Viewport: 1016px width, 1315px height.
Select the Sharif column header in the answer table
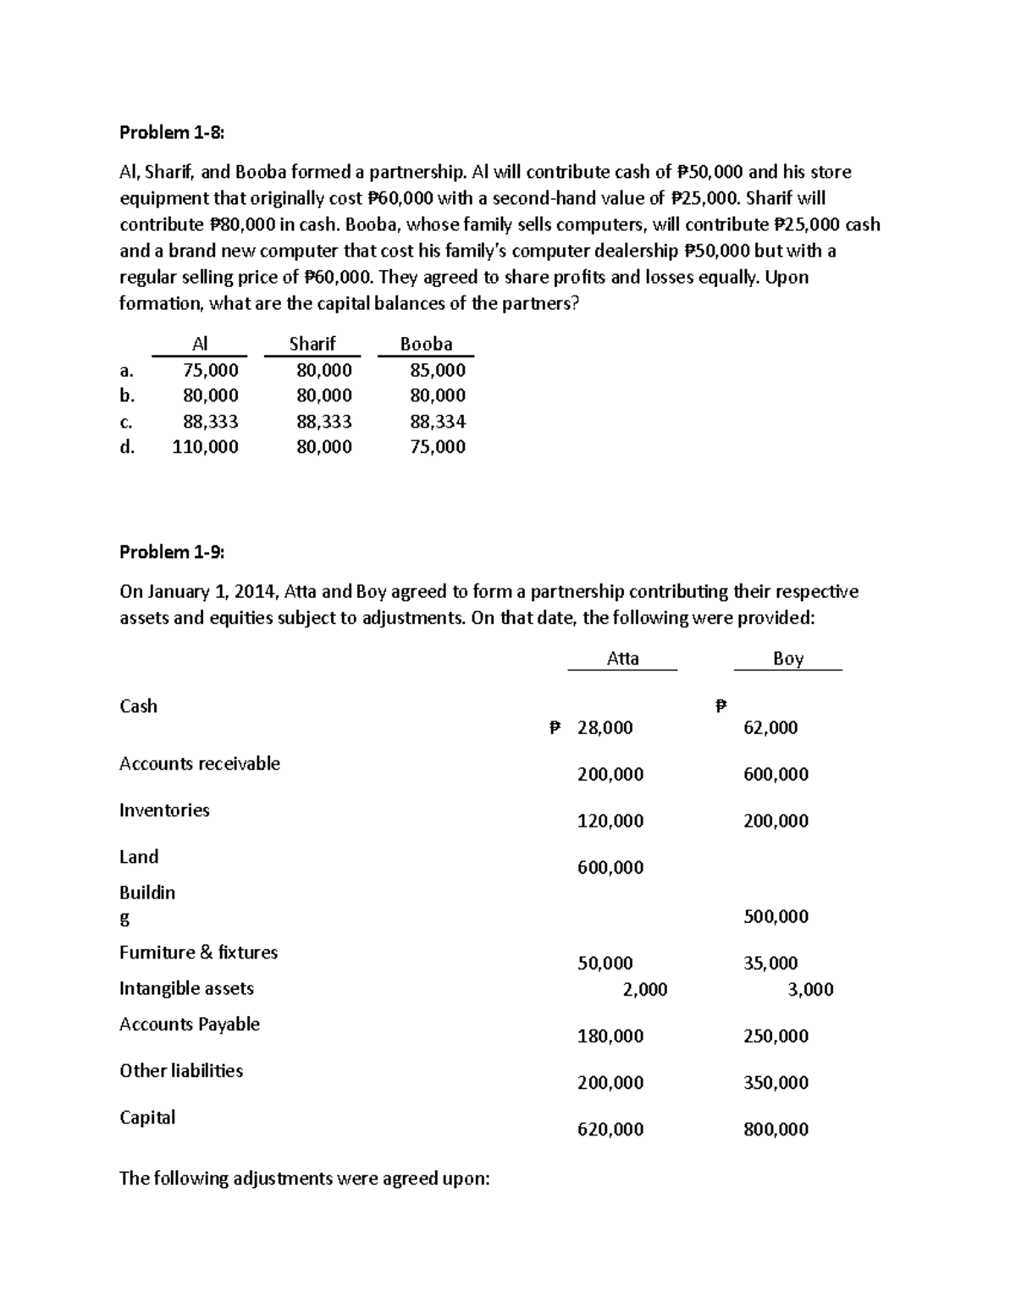click(x=312, y=344)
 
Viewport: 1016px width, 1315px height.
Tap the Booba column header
click(x=426, y=344)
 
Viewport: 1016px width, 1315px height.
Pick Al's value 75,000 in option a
click(x=211, y=370)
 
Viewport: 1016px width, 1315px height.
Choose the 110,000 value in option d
click(x=205, y=447)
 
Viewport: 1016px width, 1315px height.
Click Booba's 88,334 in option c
click(x=438, y=422)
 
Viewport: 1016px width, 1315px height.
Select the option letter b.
click(x=127, y=395)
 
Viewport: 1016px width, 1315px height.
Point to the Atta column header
click(x=623, y=659)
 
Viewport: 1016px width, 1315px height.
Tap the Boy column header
click(x=788, y=659)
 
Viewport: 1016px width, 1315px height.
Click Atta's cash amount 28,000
click(x=605, y=727)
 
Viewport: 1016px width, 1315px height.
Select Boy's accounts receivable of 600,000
click(x=776, y=774)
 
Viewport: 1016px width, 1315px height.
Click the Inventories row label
click(x=164, y=810)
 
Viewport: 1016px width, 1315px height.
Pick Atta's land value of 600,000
click(x=610, y=867)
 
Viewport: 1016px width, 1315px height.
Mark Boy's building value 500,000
click(x=776, y=916)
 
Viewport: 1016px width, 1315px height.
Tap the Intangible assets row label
click(x=186, y=988)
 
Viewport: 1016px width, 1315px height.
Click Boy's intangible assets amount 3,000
click(x=810, y=989)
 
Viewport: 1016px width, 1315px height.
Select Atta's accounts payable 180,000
click(x=610, y=1036)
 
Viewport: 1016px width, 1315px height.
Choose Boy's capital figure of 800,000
click(x=776, y=1129)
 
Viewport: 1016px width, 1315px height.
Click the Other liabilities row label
click(x=181, y=1070)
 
